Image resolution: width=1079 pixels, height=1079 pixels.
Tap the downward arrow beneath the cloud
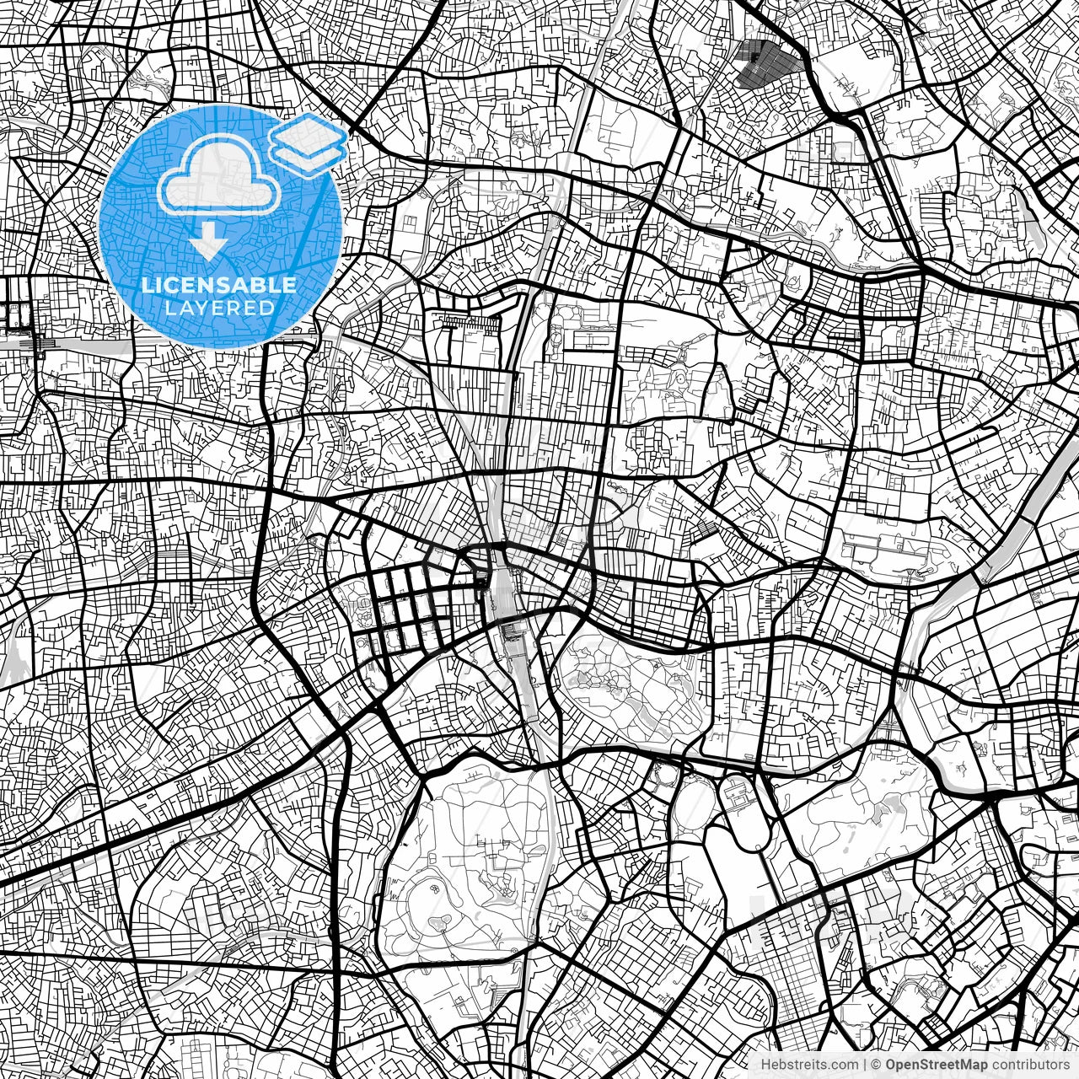[x=207, y=244]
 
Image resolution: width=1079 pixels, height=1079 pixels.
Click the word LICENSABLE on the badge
[x=219, y=285]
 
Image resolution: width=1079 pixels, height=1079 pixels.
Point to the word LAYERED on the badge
[x=219, y=309]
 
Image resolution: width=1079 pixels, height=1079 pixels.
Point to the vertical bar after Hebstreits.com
[x=864, y=1065]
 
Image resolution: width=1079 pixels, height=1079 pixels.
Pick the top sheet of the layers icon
[x=308, y=133]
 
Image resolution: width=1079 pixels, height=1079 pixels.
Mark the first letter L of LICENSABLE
[x=146, y=285]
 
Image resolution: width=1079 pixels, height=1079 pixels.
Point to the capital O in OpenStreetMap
[x=888, y=1065]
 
